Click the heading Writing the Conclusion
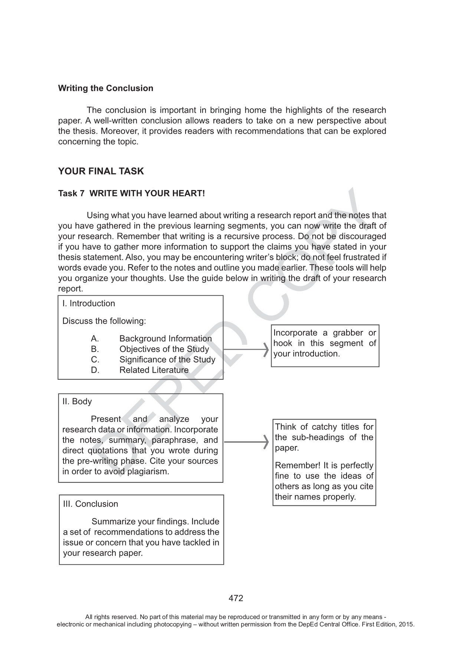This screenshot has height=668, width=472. tap(105, 88)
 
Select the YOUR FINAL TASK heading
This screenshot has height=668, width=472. tap(101, 171)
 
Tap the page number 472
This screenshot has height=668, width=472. tap(236, 598)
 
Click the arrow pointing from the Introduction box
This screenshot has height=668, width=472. tap(246, 349)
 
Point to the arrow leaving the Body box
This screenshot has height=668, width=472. tap(247, 442)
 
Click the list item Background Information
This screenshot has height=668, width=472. tap(165, 338)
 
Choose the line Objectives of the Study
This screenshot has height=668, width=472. tap(164, 349)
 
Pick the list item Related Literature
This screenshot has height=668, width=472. tap(154, 370)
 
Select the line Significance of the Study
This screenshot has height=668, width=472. tap(167, 360)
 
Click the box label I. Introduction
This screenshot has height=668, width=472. tap(89, 304)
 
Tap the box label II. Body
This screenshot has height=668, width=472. tap(77, 402)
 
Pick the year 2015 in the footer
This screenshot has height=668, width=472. tap(407, 624)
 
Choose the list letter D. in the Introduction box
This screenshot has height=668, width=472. tap(95, 370)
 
